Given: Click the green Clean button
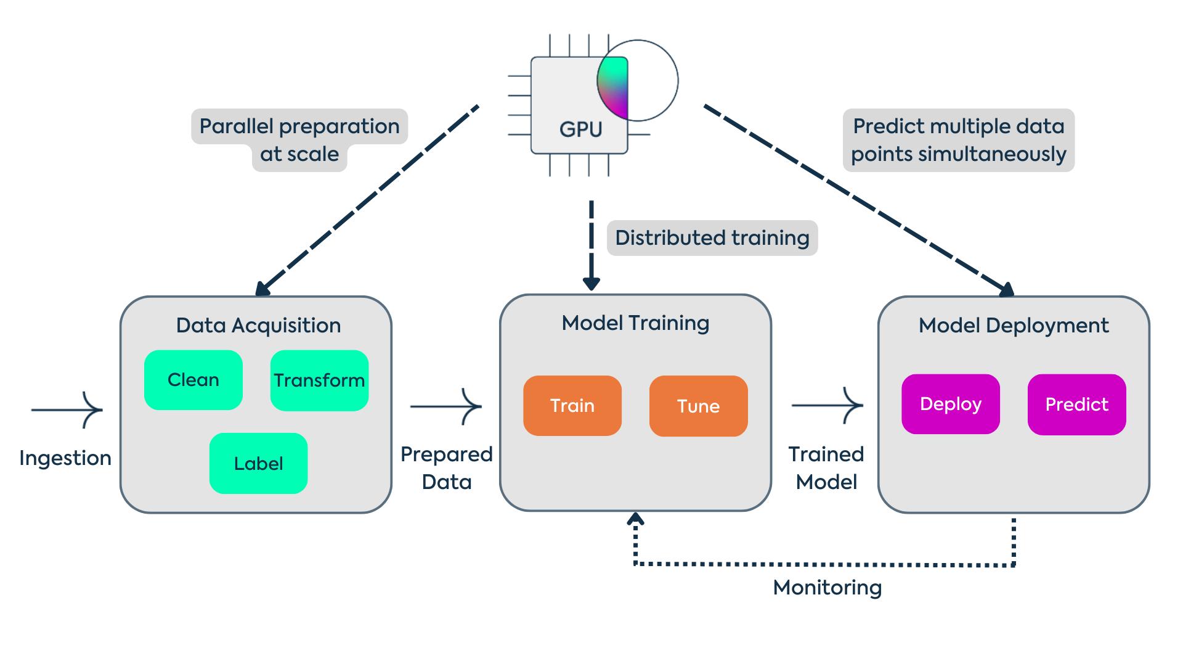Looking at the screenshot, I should [193, 380].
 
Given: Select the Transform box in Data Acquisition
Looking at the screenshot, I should [319, 380].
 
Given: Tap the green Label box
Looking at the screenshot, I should [258, 463].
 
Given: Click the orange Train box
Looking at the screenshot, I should [572, 406].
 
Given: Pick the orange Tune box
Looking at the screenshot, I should [698, 406].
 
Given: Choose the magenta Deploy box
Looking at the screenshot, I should [950, 404].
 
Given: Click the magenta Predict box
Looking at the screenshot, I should [1076, 405].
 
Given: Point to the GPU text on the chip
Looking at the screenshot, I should [580, 129].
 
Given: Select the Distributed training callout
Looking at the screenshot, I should [712, 238].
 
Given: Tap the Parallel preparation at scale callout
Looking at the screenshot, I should [299, 139].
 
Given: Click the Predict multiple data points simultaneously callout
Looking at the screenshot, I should [958, 140].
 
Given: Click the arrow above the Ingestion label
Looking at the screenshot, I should [68, 409].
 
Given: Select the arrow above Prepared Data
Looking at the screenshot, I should [446, 406].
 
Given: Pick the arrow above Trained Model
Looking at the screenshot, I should [827, 405].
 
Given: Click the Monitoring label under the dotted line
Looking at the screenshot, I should [827, 588].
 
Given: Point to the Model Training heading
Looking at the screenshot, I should [635, 323].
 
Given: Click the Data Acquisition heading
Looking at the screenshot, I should [258, 326].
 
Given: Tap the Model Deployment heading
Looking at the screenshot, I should [1014, 326].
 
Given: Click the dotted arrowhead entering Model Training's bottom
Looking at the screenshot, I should [635, 519].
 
